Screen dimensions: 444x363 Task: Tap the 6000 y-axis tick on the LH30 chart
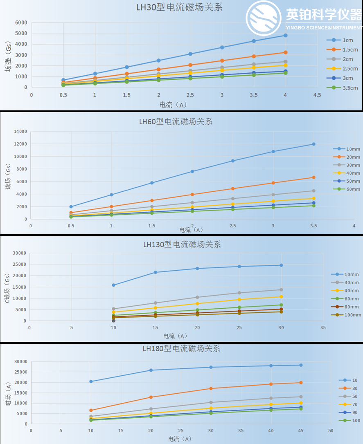pyautogui.click(x=21, y=22)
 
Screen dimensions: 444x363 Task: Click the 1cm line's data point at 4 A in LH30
pyautogui.click(x=285, y=36)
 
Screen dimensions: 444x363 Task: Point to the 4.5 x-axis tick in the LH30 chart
pyautogui.click(x=317, y=94)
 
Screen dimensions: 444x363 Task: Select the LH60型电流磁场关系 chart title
pyautogui.click(x=176, y=121)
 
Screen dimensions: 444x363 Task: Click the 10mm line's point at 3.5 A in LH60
pyautogui.click(x=313, y=144)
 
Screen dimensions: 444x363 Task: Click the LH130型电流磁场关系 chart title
pyautogui.click(x=182, y=244)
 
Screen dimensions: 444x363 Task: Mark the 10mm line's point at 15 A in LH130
pyautogui.click(x=155, y=272)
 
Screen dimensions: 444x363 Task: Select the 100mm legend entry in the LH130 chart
pyautogui.click(x=352, y=315)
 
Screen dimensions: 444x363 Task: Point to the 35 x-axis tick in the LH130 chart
pyautogui.click(x=323, y=327)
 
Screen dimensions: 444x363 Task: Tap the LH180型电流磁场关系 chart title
pyautogui.click(x=181, y=348)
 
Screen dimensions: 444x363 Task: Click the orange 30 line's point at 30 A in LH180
pyautogui.click(x=211, y=388)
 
